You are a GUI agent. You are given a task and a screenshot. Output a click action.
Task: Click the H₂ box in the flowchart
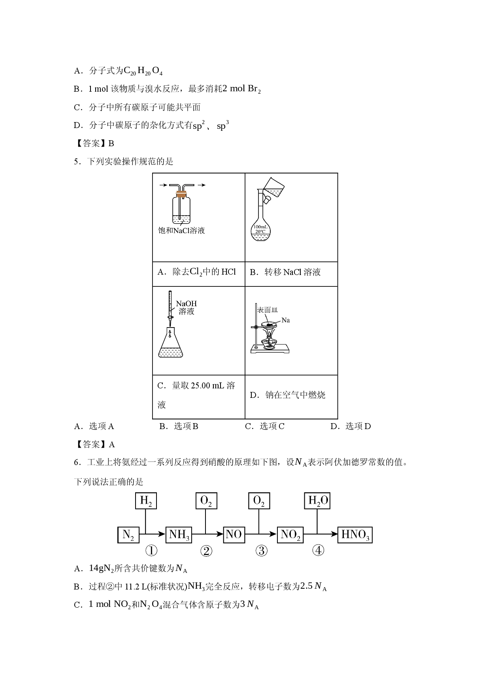click(146, 501)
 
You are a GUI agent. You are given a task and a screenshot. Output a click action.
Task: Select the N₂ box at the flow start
click(128, 535)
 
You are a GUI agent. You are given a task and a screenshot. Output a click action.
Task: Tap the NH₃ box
click(179, 535)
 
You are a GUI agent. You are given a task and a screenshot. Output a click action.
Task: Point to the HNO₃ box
click(355, 535)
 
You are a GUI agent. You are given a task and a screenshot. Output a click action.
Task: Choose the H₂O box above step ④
click(317, 501)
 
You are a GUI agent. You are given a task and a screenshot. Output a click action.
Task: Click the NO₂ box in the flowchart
click(290, 535)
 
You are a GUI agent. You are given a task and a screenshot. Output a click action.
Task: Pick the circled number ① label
click(151, 550)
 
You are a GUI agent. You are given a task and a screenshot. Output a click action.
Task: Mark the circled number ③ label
click(262, 550)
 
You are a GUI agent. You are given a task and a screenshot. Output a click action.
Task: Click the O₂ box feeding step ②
click(206, 501)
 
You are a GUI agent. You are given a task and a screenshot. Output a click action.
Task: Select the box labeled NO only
click(234, 535)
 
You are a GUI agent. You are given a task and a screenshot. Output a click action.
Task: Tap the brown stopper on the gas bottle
click(181, 194)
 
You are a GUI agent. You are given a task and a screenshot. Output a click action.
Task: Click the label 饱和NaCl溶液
click(181, 230)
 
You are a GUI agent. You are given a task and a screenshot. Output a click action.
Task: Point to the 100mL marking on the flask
click(261, 227)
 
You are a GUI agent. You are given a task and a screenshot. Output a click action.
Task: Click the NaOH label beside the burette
click(186, 304)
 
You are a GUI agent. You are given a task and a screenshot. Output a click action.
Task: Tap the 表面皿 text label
click(267, 310)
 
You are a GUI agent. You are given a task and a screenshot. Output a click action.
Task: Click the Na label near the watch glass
click(286, 320)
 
